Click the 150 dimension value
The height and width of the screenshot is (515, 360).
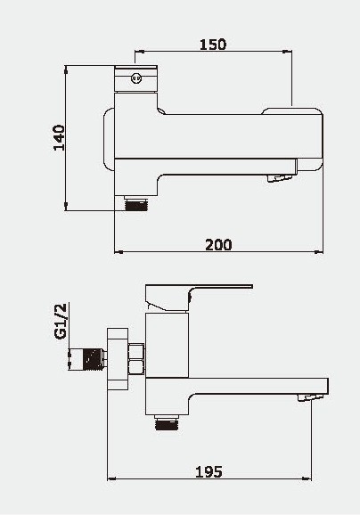tap(213, 45)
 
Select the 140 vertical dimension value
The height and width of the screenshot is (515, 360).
tap(60, 137)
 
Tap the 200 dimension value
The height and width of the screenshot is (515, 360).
tap(218, 245)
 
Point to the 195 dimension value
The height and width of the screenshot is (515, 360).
tap(209, 472)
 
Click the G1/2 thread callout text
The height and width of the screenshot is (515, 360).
tap(61, 322)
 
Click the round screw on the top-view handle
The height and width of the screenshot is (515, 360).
tap(136, 78)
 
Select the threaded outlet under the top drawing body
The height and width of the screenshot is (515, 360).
tap(136, 204)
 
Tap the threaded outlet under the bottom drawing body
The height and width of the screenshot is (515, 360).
tap(167, 422)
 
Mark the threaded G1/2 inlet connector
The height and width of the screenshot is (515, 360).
tap(87, 359)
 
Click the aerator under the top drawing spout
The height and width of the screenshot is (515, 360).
tap(280, 178)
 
